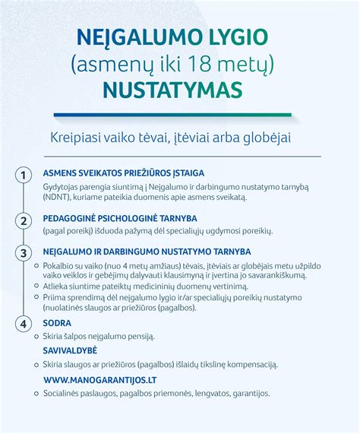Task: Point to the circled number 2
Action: tap(24, 221)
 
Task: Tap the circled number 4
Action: tap(24, 325)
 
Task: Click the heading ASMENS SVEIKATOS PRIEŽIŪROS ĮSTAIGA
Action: tap(123, 173)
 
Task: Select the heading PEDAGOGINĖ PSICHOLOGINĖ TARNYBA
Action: tap(119, 218)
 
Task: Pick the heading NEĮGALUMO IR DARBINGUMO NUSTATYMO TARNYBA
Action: tap(147, 251)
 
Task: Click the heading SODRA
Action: tap(58, 322)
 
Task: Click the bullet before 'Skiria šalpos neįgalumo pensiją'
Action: tap(36, 336)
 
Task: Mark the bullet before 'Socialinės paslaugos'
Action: tap(36, 394)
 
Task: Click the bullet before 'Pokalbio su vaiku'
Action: tap(36, 265)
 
